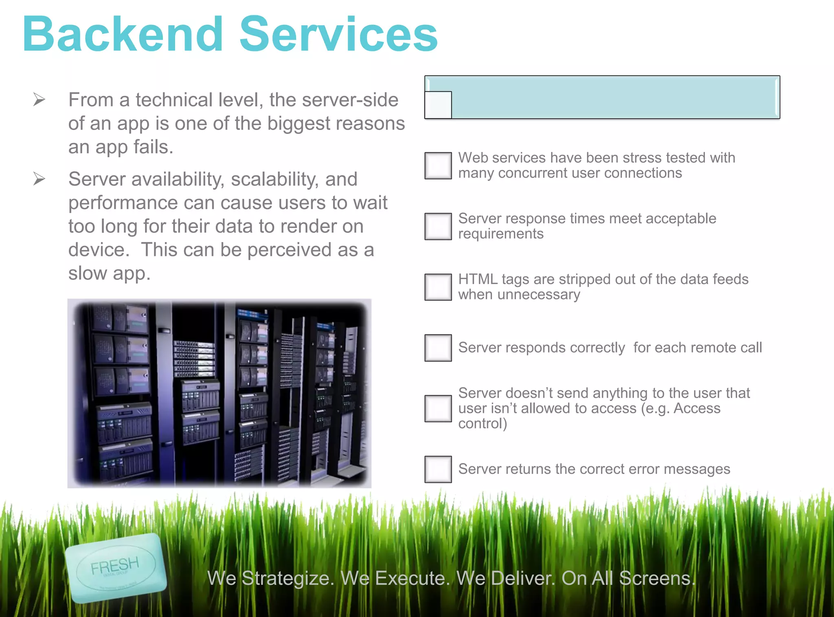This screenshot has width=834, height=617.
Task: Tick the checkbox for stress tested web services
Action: click(x=438, y=166)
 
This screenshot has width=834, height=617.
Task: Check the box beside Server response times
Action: click(x=438, y=227)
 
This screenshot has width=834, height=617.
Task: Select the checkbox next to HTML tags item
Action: click(x=438, y=287)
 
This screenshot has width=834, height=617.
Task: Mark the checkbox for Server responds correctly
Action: click(x=438, y=348)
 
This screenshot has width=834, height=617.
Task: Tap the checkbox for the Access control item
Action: click(x=438, y=409)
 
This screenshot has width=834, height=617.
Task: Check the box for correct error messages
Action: click(x=438, y=469)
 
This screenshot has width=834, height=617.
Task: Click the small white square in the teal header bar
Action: click(x=438, y=105)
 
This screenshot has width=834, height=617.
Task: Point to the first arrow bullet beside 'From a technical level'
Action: click(x=39, y=99)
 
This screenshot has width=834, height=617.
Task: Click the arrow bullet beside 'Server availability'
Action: click(x=39, y=178)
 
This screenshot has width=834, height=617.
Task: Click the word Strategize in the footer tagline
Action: click(x=288, y=578)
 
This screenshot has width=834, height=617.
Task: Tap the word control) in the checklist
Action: click(x=483, y=424)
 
